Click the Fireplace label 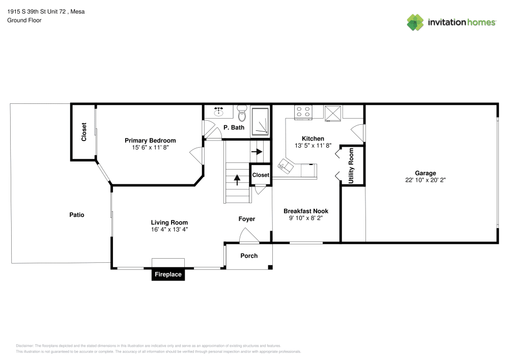coord(168,274)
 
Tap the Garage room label coord(425,173)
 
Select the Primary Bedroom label coord(150,141)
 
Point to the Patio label coord(77,215)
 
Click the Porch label coord(249,256)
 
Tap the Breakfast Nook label coord(305,211)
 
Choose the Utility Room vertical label coord(351,166)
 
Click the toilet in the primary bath coord(242,110)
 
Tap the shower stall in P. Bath coord(261,122)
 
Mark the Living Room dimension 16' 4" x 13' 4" coord(169,229)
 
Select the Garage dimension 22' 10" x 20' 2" coord(426,180)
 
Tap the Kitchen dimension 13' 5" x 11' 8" coord(313,145)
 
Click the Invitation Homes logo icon coord(415,22)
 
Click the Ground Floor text coord(24,20)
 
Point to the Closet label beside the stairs coord(261,175)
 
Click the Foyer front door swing coord(248,236)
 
